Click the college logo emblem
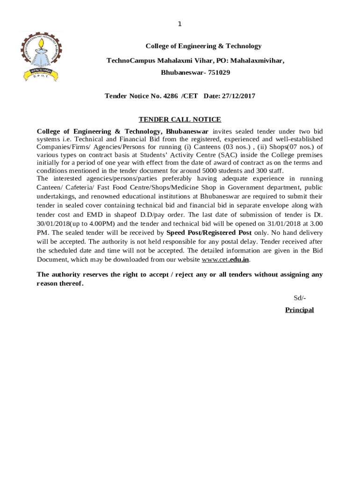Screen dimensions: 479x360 click(41, 56)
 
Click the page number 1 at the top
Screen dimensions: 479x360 click(180, 24)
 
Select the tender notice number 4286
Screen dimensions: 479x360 click(171, 96)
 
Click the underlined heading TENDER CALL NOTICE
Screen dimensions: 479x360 click(180, 120)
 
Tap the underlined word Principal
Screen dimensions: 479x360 click(299, 310)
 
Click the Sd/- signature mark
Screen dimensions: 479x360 click(300, 298)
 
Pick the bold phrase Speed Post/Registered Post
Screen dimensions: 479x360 click(209, 232)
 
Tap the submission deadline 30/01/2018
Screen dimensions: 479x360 click(53, 224)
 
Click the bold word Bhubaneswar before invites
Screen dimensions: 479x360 click(187, 131)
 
